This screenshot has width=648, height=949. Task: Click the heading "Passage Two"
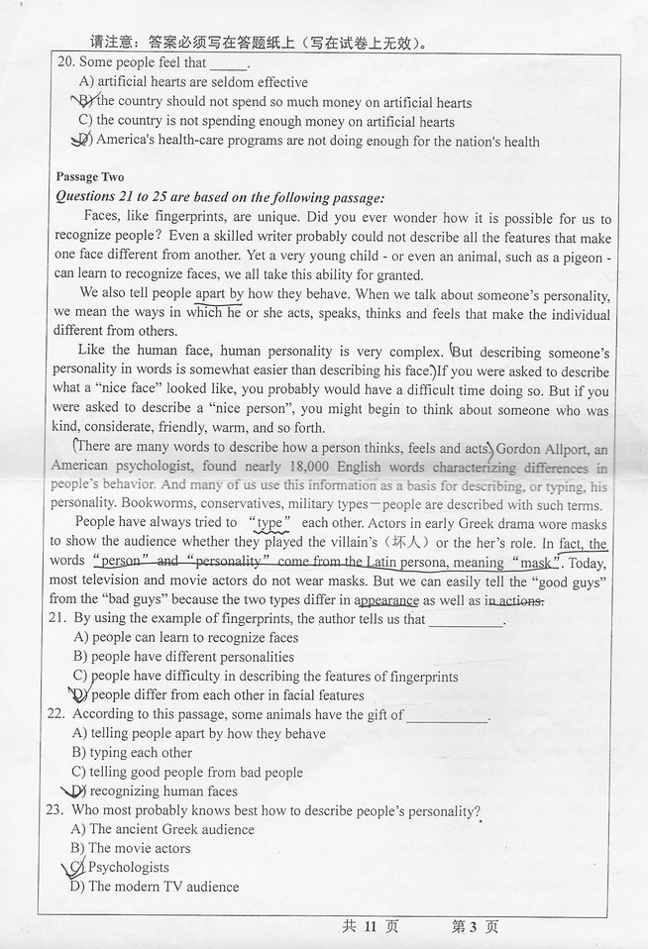90,177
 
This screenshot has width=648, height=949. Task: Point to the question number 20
65,62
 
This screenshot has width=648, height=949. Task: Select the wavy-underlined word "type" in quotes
270,523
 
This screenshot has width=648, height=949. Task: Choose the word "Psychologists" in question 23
129,868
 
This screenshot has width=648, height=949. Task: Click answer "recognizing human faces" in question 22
163,791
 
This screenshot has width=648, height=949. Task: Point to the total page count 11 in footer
372,926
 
